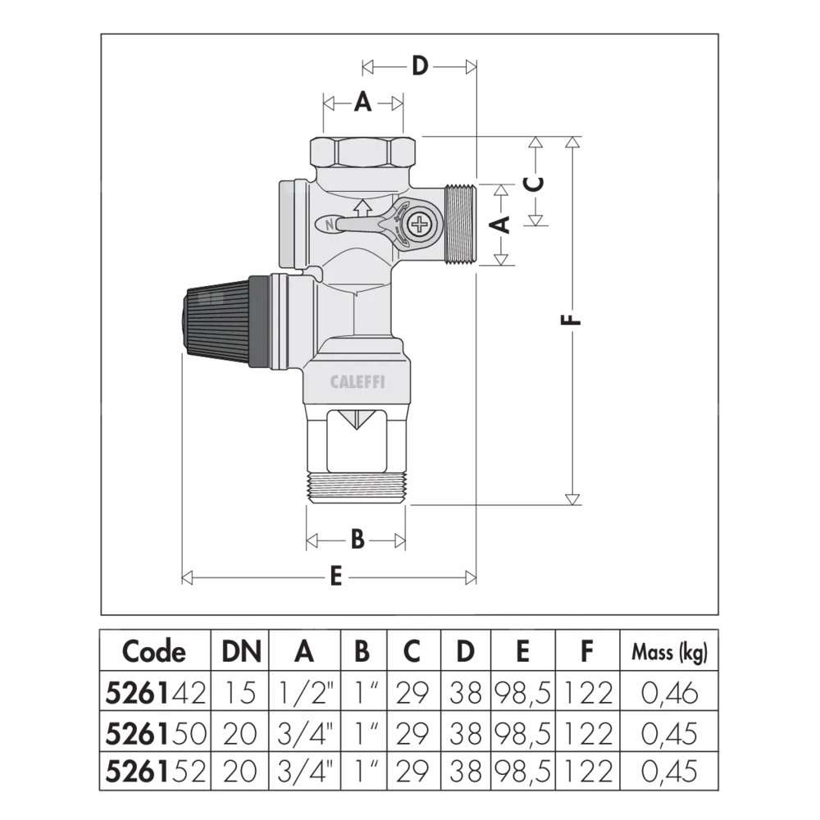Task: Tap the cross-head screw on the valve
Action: point(421,222)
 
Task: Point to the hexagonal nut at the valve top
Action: point(362,152)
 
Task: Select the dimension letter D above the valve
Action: point(420,66)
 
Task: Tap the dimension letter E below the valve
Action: point(335,577)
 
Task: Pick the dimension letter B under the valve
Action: point(358,540)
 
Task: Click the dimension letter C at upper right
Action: point(535,181)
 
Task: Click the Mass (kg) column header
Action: point(669,652)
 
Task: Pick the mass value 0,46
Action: point(669,694)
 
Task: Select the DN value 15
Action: point(241,694)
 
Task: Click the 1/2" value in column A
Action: point(304,694)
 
